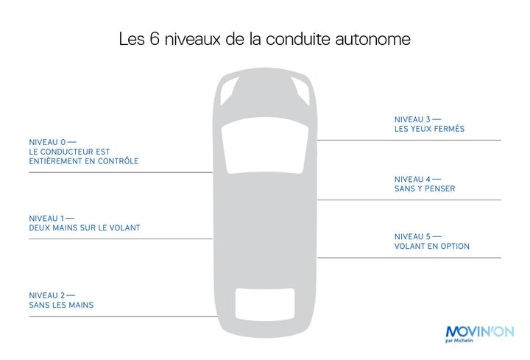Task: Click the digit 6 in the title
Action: (154, 38)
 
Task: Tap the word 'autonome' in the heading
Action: (372, 39)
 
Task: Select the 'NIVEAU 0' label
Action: (47, 142)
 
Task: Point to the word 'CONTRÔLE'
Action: (118, 161)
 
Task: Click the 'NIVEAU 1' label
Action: (46, 219)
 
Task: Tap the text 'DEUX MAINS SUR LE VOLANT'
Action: (85, 227)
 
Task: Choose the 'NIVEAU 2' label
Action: (47, 295)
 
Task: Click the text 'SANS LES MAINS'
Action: (61, 305)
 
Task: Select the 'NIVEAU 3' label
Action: (412, 119)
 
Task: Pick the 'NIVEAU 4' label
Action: (412, 179)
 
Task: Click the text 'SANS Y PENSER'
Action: (425, 188)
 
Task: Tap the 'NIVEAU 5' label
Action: (412, 236)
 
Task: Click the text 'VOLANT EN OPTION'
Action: (432, 246)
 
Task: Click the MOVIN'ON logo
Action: (480, 331)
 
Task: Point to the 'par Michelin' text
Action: (459, 340)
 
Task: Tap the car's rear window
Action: (265, 304)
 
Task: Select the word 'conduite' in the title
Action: (298, 39)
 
